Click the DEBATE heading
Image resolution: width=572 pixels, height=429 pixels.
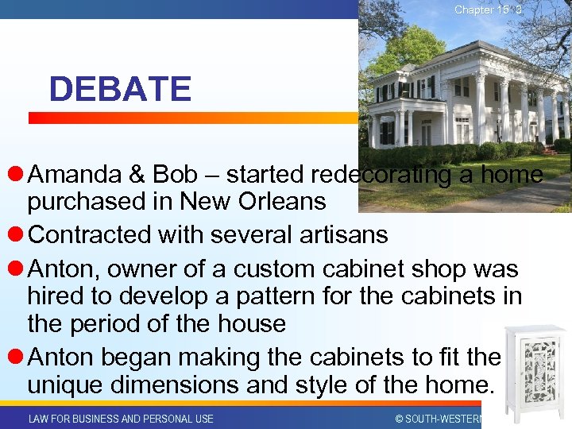(x=120, y=89)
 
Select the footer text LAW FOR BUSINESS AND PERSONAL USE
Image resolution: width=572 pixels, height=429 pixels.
(x=121, y=419)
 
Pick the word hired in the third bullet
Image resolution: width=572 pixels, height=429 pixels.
(x=55, y=296)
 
